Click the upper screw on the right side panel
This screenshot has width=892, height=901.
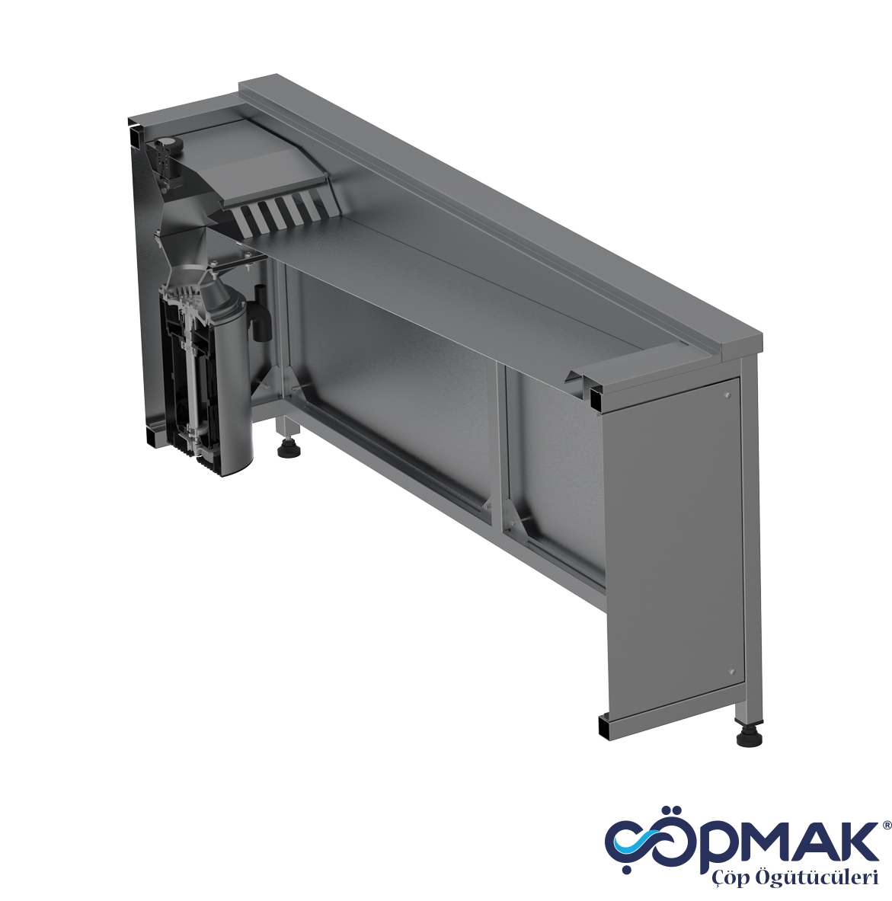pyautogui.click(x=727, y=396)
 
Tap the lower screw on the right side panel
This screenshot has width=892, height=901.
pyautogui.click(x=731, y=672)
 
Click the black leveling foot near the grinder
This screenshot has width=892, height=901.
pyautogui.click(x=289, y=449)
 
